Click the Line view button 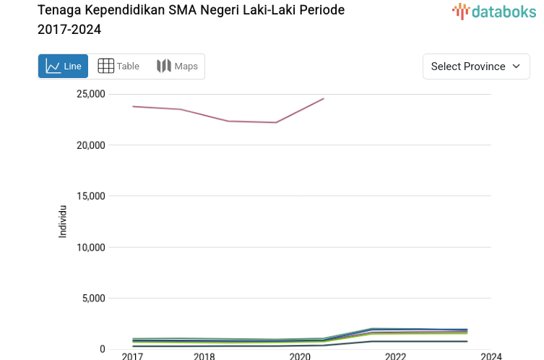coord(63,67)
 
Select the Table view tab coord(118,67)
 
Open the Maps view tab coord(177,67)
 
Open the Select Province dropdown coord(476,67)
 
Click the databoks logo coord(494,11)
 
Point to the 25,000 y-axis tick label coord(90,94)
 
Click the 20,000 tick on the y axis coord(90,145)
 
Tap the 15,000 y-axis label coord(90,196)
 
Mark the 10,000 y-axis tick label coord(90,247)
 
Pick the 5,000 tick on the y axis coord(93,298)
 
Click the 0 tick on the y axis coord(103,349)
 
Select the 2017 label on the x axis coord(132,356)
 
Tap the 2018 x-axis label coord(204,356)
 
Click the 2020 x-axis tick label coord(300,356)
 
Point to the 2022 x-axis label coord(395,356)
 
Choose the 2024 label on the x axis coord(491,356)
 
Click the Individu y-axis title coord(63,221)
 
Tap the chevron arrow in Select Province coord(516,67)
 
